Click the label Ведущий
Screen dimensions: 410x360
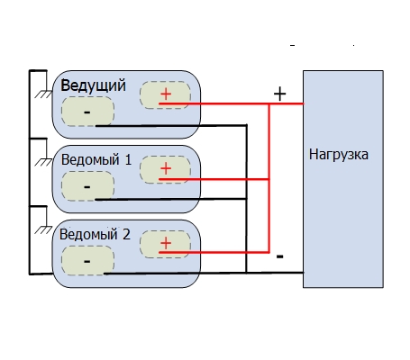(x=93, y=86)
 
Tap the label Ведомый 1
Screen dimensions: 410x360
(x=96, y=159)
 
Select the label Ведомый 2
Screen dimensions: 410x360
(x=95, y=234)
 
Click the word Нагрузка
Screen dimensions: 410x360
(x=339, y=155)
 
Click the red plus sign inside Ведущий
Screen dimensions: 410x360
(x=166, y=94)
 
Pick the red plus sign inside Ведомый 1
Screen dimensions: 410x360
(x=166, y=168)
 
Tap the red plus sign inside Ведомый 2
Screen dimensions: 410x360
(x=166, y=243)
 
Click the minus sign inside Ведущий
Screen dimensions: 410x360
(x=87, y=112)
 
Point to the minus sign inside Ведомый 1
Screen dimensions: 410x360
(x=87, y=187)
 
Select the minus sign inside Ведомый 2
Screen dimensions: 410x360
(x=87, y=262)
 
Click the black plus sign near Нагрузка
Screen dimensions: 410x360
(x=279, y=94)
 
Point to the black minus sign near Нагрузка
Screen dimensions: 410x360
(x=279, y=256)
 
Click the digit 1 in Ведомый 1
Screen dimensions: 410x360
(x=128, y=159)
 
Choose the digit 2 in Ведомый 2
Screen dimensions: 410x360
(x=126, y=234)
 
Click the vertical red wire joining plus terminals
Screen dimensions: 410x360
(x=269, y=178)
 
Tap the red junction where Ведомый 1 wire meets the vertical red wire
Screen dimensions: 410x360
(x=269, y=179)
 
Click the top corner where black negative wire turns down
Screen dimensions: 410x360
(x=246, y=125)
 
